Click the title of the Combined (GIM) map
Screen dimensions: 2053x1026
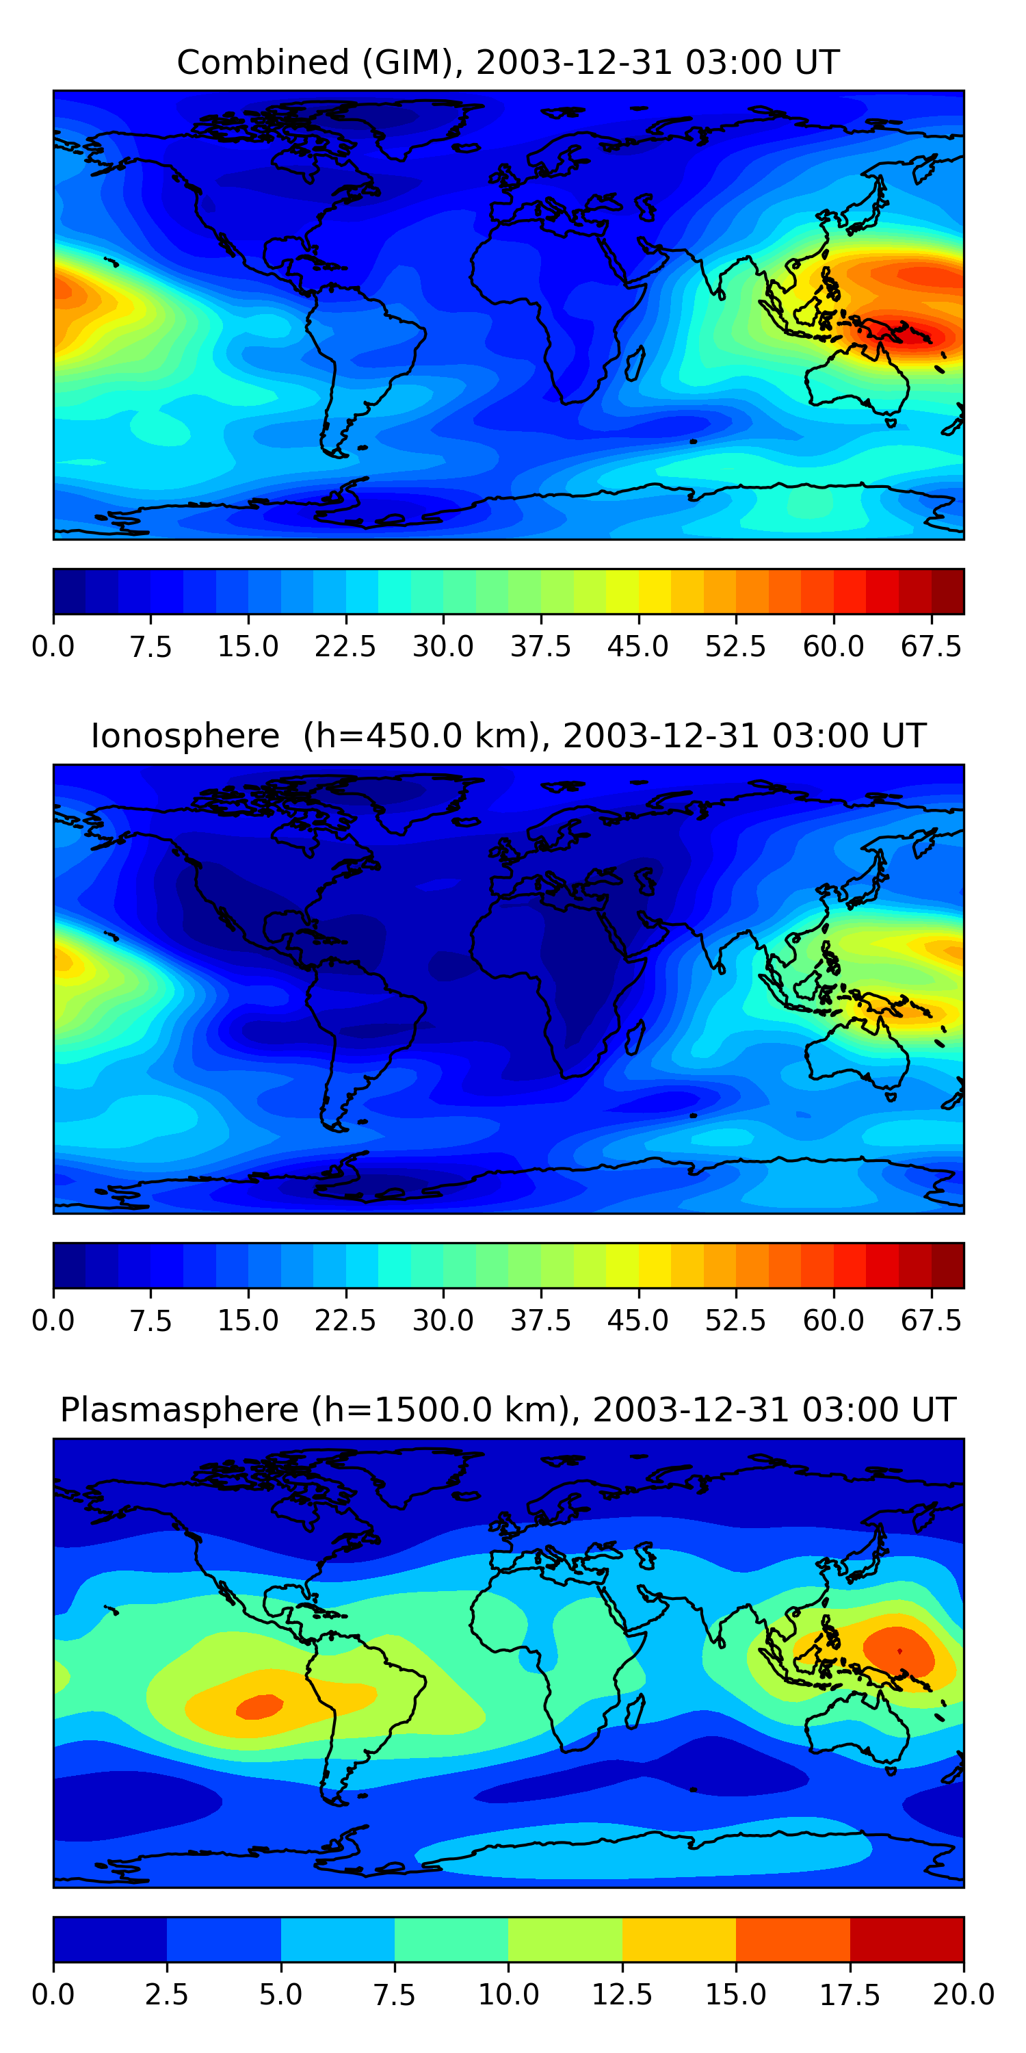pyautogui.click(x=508, y=62)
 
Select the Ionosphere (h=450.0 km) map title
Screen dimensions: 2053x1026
pyautogui.click(x=508, y=736)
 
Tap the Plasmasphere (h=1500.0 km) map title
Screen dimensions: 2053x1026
pyautogui.click(x=508, y=1410)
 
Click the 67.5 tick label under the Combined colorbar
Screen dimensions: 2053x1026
pyautogui.click(x=931, y=646)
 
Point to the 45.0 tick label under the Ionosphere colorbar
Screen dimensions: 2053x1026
pyautogui.click(x=638, y=1320)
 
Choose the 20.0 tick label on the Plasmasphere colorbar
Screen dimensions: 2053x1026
pyautogui.click(x=964, y=1994)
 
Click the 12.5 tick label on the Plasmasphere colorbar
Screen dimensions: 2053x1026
pyautogui.click(x=622, y=1994)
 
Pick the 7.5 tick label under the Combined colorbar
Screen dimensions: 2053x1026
pyautogui.click(x=150, y=646)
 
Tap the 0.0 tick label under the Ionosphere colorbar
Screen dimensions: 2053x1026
pyautogui.click(x=53, y=1320)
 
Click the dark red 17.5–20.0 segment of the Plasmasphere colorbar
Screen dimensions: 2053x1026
pyautogui.click(x=906, y=1939)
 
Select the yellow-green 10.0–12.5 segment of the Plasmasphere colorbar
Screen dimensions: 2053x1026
pyautogui.click(x=565, y=1939)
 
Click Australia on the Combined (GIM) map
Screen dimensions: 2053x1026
pyautogui.click(x=856, y=383)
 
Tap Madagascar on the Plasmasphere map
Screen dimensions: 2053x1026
pyautogui.click(x=635, y=1710)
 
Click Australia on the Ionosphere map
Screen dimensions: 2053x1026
pyautogui.click(x=856, y=1056)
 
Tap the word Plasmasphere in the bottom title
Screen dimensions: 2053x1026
pyautogui.click(x=179, y=1410)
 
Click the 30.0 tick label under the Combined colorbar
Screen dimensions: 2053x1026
pyautogui.click(x=443, y=646)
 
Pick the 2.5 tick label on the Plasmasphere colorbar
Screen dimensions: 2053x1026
pyautogui.click(x=166, y=1994)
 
